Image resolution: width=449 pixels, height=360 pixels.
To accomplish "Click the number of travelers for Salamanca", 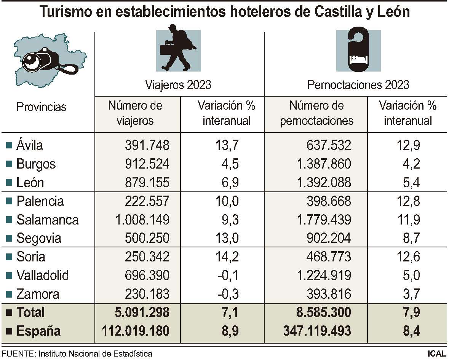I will (142, 220).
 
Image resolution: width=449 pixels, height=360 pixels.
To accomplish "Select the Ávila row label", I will (30, 145).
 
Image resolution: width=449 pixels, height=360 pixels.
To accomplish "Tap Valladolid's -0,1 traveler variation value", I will (228, 275).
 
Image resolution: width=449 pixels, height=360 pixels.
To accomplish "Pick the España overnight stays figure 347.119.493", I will (317, 331).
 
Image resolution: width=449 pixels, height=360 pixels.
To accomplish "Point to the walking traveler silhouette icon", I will (178, 48).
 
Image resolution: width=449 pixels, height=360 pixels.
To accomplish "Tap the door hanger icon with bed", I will (358, 48).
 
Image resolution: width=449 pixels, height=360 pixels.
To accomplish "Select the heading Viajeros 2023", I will (178, 84).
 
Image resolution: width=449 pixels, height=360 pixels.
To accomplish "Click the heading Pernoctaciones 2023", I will (358, 84).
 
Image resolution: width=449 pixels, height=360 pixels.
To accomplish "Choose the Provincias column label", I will (41, 107).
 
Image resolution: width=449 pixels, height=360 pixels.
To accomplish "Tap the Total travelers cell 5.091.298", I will (142, 312).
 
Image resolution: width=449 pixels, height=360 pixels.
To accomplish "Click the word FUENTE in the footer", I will (18, 354).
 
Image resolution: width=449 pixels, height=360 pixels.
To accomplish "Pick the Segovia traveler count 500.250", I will (147, 238).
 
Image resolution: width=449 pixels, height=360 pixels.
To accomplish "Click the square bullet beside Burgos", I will (9, 164).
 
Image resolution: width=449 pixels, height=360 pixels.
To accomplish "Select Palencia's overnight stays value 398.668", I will (328, 201).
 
